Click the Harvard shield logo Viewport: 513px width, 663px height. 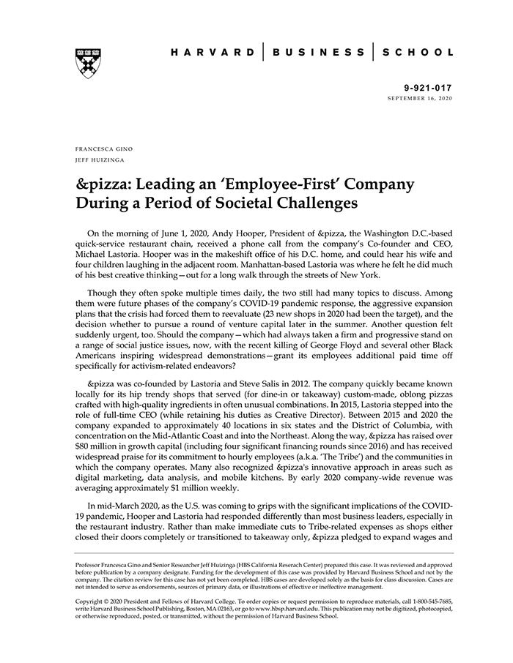[87, 63]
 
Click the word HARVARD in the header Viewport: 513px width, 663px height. [213, 53]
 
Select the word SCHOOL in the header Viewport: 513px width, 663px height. [417, 53]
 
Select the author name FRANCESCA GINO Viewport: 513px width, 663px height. [103, 149]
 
